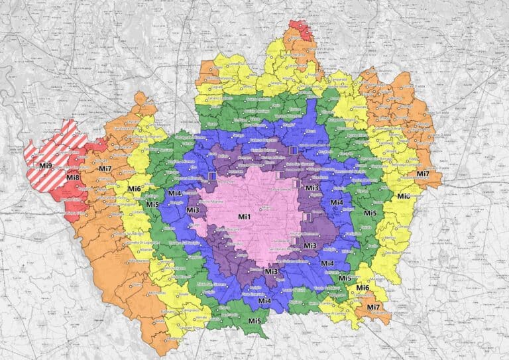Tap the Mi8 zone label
[x=73, y=177]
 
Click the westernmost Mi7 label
[x=105, y=168]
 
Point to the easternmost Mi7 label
[x=423, y=174]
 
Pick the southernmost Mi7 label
[x=373, y=307]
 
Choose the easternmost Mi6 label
[x=404, y=196]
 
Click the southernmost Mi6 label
[x=363, y=288]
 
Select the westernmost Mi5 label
[x=152, y=204]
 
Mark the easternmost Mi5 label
[x=370, y=213]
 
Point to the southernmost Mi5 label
[x=254, y=321]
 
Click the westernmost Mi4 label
[x=174, y=194]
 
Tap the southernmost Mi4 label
[x=264, y=302]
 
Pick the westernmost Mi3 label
[x=193, y=210]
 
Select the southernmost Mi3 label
[x=270, y=271]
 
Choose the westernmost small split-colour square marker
[x=212, y=176]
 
